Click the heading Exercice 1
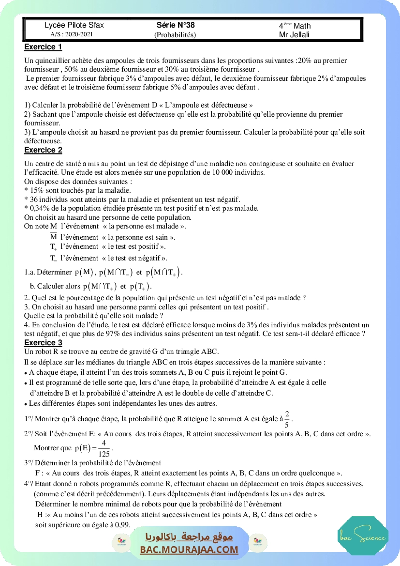43,47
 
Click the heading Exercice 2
43,150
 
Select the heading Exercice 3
43,343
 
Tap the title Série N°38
175,25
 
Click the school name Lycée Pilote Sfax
74,25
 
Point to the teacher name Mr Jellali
294,34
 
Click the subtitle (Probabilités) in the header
175,34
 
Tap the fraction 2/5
287,419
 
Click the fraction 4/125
104,449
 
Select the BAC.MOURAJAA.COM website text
189,550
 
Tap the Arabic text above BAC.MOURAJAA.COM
189,537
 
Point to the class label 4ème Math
295,26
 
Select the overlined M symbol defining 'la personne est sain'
53,237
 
